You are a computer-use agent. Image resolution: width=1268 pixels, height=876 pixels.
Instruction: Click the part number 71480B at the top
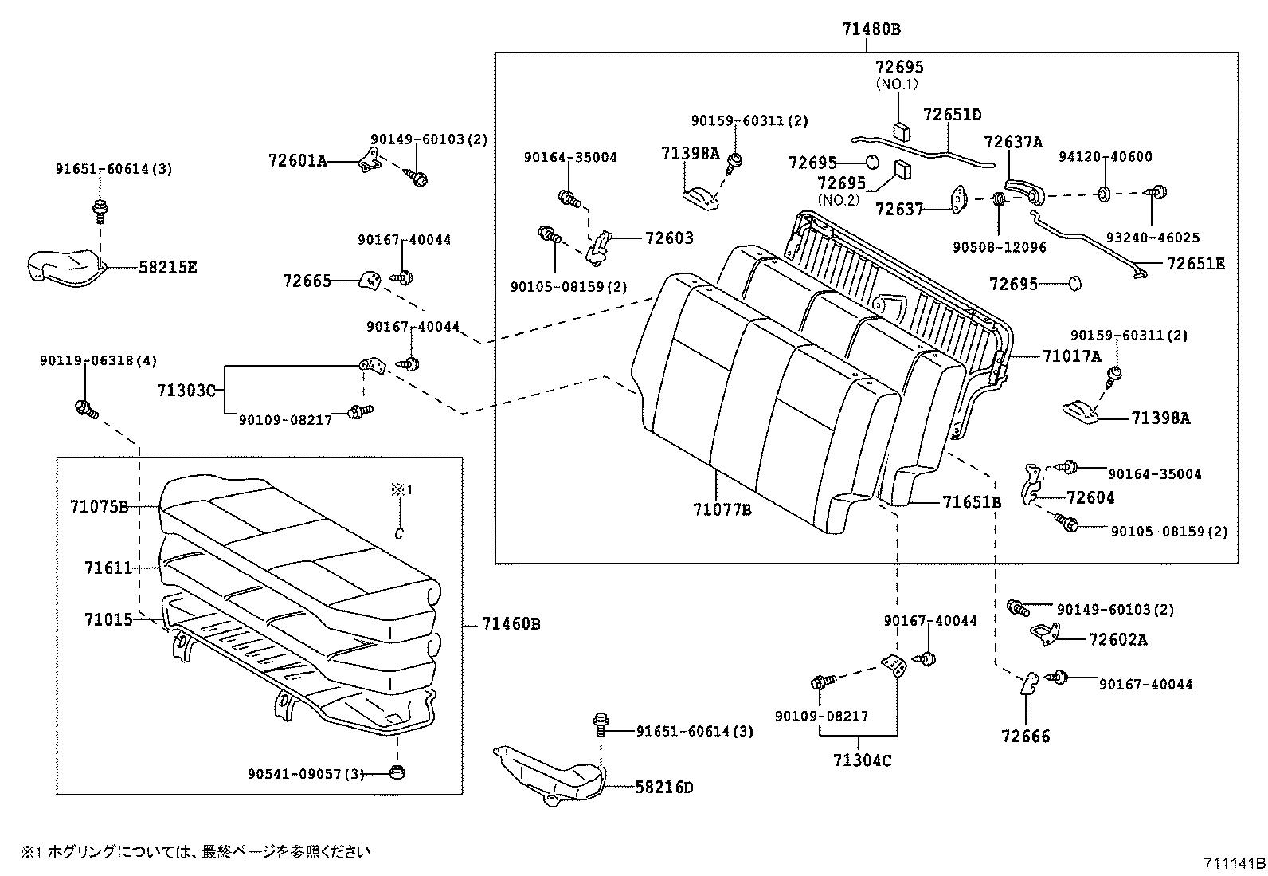[x=871, y=30]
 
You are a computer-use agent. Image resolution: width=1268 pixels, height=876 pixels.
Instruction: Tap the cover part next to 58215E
[x=64, y=266]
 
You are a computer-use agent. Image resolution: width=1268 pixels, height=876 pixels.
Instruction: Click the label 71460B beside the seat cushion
[x=511, y=624]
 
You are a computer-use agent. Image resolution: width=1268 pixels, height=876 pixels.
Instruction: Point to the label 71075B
[x=99, y=507]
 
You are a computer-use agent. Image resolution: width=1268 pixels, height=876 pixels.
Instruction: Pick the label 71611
[x=108, y=568]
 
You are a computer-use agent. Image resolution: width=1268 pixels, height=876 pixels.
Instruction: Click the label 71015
[x=108, y=619]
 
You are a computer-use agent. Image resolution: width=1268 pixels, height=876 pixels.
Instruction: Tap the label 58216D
[x=664, y=788]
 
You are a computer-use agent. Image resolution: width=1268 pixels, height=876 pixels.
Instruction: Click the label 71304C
[x=863, y=760]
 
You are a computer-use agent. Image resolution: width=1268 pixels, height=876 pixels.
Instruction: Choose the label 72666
[x=1026, y=737]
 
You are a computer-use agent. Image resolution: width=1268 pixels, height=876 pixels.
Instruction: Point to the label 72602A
[x=1117, y=640]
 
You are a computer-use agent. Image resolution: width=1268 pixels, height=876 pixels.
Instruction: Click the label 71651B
[x=972, y=502]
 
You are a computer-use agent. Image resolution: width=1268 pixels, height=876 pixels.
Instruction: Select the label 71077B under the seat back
[x=722, y=509]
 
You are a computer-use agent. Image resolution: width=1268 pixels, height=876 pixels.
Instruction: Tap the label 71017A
[x=1071, y=356]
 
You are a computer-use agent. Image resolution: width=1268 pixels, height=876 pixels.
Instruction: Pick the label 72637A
[x=1013, y=142]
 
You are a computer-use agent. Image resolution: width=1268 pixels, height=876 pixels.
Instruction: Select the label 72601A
[x=298, y=161]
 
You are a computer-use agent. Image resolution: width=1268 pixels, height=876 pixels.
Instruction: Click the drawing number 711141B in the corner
[x=1234, y=863]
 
